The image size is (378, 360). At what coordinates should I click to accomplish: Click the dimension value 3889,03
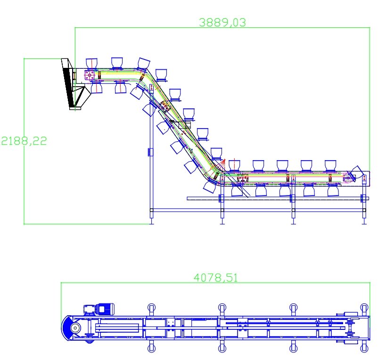pos(222,23)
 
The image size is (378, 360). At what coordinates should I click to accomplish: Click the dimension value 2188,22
pos(24,141)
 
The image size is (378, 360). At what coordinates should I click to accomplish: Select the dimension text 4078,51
pos(216,278)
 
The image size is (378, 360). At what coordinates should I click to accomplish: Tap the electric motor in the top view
pos(105,309)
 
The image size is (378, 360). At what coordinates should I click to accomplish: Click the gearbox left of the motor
pos(90,310)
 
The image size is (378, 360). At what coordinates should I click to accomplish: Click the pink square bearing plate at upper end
pos(90,75)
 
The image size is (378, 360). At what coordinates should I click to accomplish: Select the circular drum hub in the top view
pos(75,328)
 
